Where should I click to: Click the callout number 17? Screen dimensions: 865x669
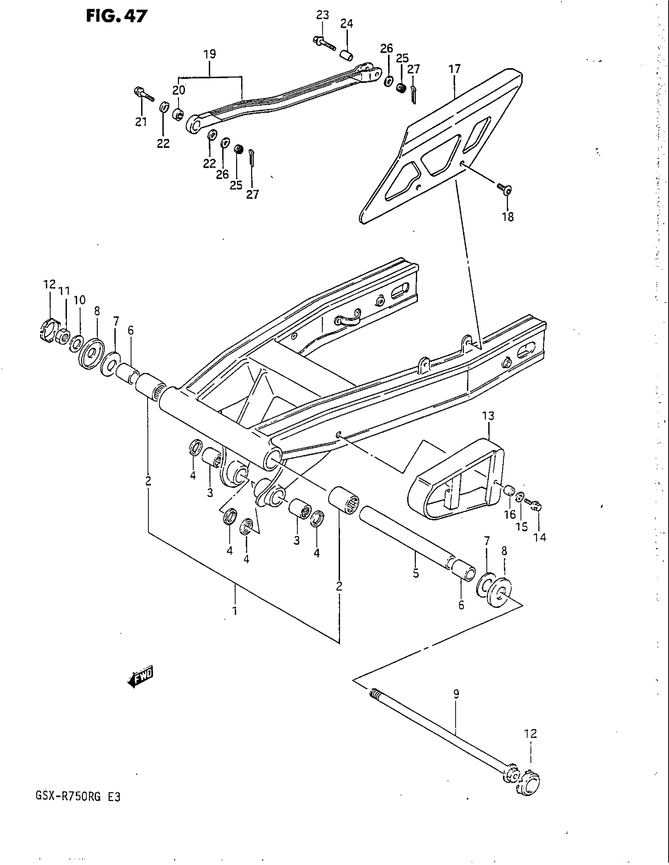(x=455, y=69)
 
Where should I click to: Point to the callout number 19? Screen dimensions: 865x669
(x=210, y=54)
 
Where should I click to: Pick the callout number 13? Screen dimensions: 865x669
(x=488, y=416)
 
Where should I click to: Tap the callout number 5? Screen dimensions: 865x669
(x=415, y=573)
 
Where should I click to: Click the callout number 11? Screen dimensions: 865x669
(x=64, y=291)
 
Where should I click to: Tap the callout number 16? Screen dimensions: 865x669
(x=510, y=515)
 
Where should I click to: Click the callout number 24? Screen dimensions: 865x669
(x=346, y=24)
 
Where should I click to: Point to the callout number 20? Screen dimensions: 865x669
(x=179, y=90)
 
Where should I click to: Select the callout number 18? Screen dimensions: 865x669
(x=508, y=217)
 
